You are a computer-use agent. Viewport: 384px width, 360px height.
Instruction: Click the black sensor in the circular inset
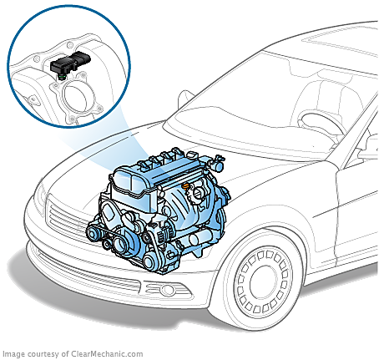70,63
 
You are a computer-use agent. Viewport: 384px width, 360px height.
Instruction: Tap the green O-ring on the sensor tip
62,76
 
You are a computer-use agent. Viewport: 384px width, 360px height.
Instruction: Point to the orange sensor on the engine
186,185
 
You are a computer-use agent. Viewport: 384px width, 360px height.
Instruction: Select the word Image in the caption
12,354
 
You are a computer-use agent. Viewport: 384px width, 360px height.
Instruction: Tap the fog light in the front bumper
167,290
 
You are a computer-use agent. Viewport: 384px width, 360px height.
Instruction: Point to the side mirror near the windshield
185,99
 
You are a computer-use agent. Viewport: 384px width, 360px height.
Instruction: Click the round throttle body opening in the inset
77,97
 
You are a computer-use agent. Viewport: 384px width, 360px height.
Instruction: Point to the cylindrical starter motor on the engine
201,239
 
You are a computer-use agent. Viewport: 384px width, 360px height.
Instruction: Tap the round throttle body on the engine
200,193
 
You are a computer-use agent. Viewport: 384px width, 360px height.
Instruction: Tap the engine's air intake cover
131,181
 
